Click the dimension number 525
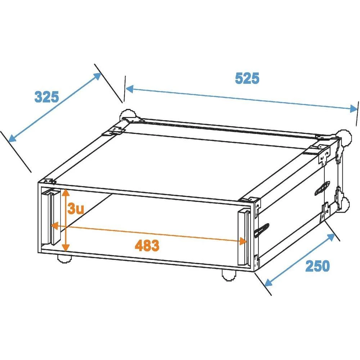click(247, 78)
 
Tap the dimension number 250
click(318, 266)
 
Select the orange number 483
click(147, 246)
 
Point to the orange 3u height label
click(76, 209)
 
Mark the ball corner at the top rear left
click(127, 116)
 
